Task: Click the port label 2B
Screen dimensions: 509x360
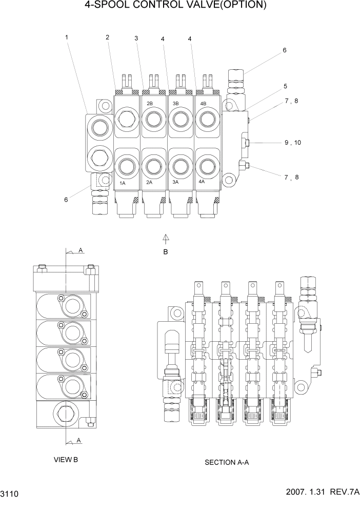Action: coord(150,104)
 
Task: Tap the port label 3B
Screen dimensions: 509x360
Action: coord(175,104)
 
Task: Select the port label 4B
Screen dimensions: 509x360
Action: coord(203,104)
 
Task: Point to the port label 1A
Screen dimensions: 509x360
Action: coord(123,183)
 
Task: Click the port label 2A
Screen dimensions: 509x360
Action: coord(150,182)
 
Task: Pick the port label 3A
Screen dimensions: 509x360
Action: coord(175,182)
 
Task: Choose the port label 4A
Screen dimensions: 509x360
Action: coord(202,182)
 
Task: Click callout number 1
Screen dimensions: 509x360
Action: coord(67,37)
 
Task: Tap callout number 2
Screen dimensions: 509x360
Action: coord(108,37)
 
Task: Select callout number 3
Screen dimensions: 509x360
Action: coord(136,38)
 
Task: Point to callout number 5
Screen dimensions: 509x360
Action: coord(285,86)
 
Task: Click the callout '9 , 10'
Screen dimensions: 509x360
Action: coord(292,143)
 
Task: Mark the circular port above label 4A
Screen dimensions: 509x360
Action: coord(207,166)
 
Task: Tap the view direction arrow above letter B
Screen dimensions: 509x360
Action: coord(166,238)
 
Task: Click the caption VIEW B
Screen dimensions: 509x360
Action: coord(66,460)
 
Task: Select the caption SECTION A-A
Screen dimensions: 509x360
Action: coord(227,462)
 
